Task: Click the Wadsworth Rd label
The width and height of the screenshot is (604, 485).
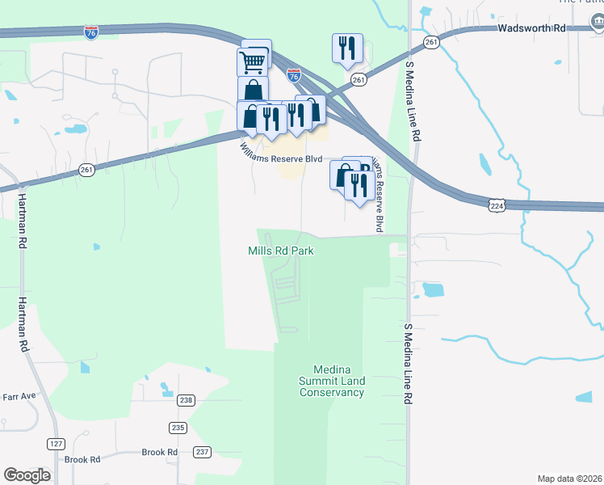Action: coord(531,27)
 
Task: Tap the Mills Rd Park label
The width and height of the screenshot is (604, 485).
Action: coord(280,251)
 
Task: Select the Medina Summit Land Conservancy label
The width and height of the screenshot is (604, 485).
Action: coord(332,381)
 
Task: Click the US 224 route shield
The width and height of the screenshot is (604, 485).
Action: coord(497,207)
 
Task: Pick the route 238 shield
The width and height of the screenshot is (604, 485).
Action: coord(187,400)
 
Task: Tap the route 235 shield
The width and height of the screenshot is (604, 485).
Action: coord(178,428)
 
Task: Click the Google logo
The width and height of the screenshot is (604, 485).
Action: coord(27,475)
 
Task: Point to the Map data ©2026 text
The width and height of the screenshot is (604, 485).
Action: coord(570,479)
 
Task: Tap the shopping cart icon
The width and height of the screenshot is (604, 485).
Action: coord(253,61)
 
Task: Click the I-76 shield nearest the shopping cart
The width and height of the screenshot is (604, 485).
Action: coord(294,75)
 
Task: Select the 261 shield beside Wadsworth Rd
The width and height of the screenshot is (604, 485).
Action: coord(431,42)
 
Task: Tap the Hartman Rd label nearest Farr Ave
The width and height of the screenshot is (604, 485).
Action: coord(23,322)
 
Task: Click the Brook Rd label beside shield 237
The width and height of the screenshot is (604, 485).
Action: coord(160,452)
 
